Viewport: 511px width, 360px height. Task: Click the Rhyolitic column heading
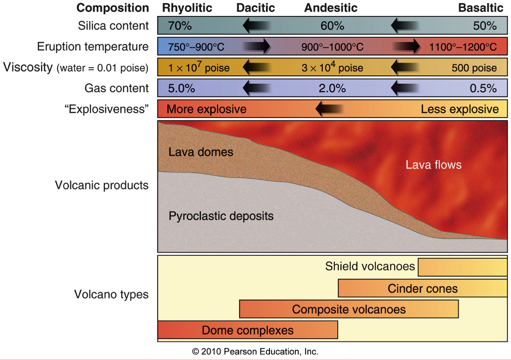coord(187,8)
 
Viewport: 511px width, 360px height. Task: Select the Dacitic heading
coord(255,8)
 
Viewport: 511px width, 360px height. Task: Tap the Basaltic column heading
coord(481,8)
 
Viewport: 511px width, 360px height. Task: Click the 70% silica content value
coord(180,25)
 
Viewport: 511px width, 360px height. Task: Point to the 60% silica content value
coord(332,25)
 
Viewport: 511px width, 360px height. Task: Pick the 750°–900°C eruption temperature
coord(196,47)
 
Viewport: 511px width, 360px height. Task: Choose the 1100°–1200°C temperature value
coord(463,47)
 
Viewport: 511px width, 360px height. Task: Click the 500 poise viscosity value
coord(474,68)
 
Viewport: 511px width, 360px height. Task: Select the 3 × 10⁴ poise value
coord(332,67)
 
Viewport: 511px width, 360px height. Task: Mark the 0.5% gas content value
coord(484,89)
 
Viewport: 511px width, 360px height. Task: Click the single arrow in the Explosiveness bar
coord(329,109)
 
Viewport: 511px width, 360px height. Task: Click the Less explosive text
coord(460,109)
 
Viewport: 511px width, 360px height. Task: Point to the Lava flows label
coord(433,165)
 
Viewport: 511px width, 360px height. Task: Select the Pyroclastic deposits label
coord(221,216)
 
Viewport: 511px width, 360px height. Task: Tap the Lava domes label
coord(201,152)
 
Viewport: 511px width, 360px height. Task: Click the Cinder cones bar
coord(422,288)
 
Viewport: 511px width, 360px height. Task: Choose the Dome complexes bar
coord(248,330)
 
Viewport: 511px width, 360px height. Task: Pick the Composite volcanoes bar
coord(349,309)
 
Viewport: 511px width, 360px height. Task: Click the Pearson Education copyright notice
coord(255,351)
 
